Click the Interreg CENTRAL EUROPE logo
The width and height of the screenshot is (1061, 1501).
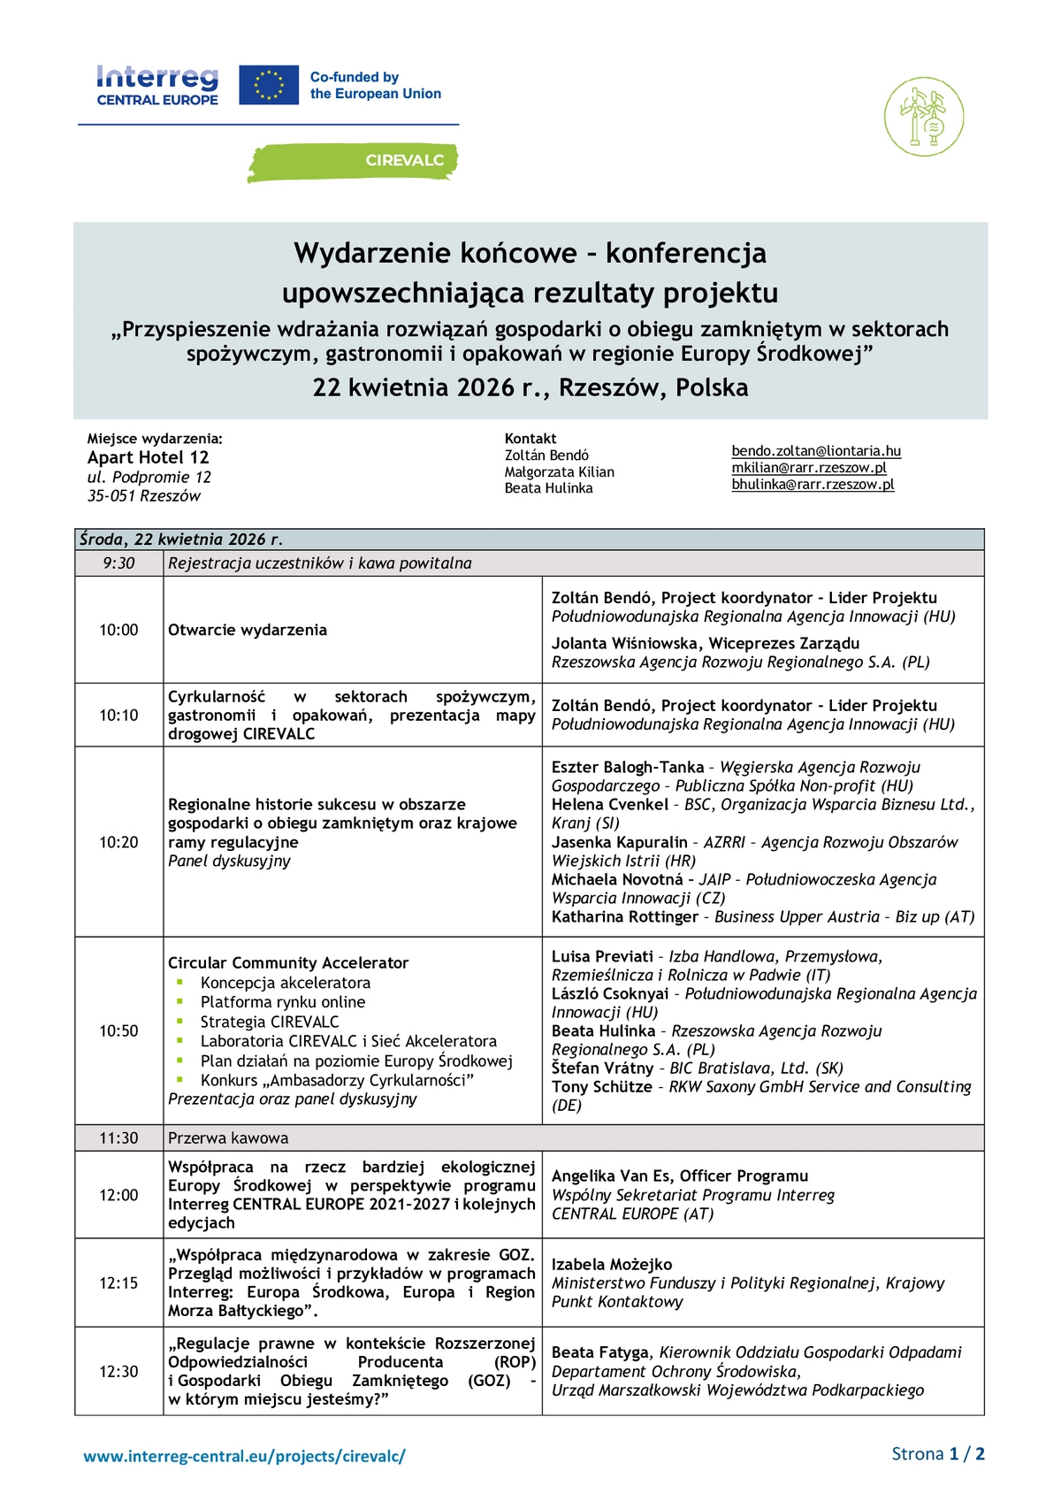click(157, 86)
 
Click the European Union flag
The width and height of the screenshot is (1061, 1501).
click(269, 86)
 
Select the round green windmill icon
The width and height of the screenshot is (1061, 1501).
click(924, 117)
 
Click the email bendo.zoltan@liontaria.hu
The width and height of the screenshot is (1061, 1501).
click(816, 451)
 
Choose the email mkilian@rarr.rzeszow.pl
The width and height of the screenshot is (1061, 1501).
click(808, 468)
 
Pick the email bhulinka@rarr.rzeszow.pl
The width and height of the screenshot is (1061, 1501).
click(813, 485)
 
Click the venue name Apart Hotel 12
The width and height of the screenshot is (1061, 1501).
click(148, 457)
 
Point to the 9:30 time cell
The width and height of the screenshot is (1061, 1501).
click(118, 563)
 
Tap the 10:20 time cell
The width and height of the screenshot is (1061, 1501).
click(118, 842)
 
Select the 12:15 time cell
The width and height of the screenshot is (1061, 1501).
click(118, 1283)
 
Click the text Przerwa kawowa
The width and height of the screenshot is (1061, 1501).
click(228, 1138)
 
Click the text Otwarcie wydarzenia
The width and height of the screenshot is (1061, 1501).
click(248, 630)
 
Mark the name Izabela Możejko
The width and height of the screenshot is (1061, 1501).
click(612, 1264)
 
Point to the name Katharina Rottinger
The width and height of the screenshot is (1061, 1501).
click(625, 917)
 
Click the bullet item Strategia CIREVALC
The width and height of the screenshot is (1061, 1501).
click(270, 1022)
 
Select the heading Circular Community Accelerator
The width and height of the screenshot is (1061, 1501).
click(288, 962)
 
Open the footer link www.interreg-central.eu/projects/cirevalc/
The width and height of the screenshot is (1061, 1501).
click(244, 1456)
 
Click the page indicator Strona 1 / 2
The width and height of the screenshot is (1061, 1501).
click(937, 1454)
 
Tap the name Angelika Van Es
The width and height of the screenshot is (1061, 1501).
click(611, 1176)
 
